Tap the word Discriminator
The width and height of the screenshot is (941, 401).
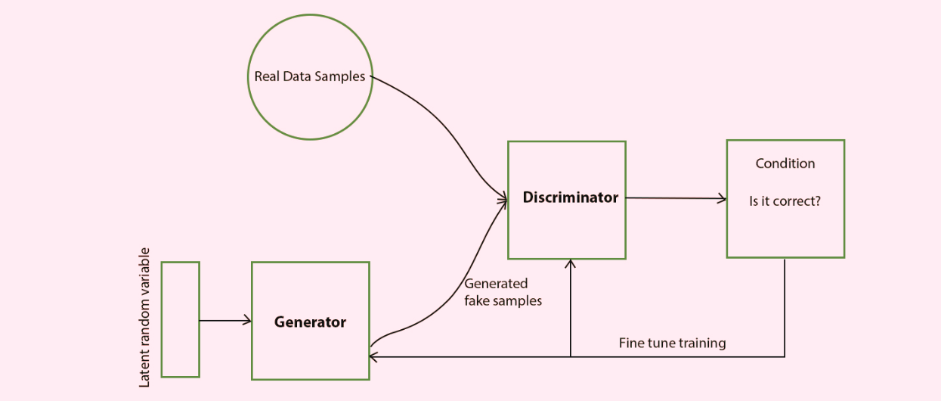coord(571,197)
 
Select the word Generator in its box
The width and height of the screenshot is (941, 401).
coord(310,322)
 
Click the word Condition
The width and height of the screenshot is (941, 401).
coord(785,163)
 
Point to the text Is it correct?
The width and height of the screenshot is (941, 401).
coord(785,202)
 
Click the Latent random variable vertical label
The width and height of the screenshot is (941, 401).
coord(144,318)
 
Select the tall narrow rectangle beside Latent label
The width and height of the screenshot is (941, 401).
coord(180,319)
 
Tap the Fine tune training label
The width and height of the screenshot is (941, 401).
coord(672,343)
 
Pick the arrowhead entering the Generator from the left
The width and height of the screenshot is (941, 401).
coord(248,321)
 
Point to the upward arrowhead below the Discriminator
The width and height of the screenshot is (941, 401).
coord(571,263)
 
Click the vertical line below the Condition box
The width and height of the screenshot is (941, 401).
coord(785,306)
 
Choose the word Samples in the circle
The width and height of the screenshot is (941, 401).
coord(344,76)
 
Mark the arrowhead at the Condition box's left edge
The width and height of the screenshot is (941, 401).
coord(722,198)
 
